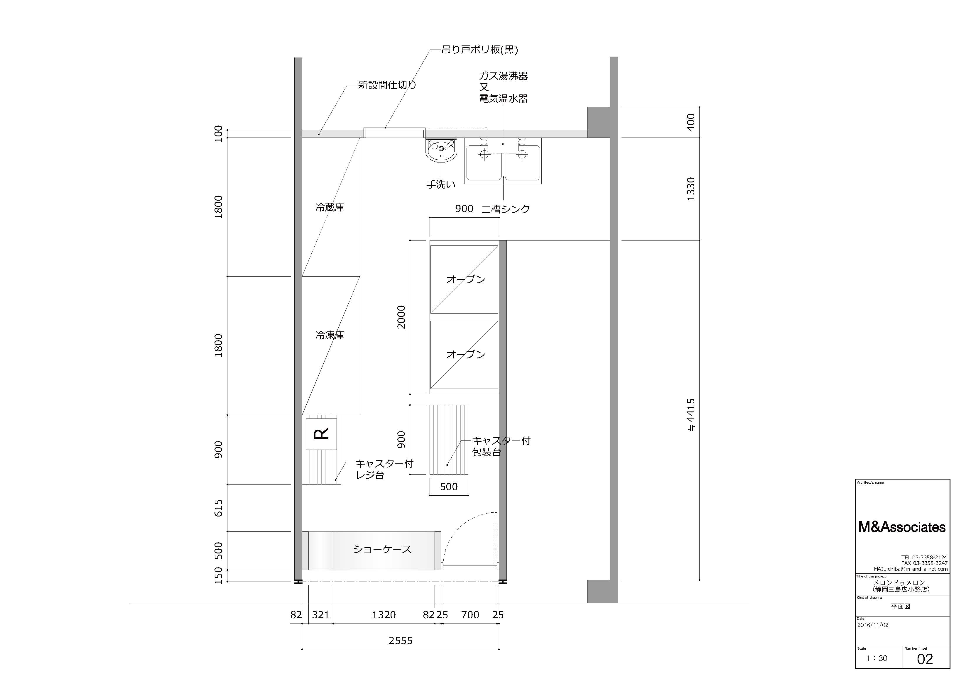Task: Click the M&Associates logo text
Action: (x=902, y=527)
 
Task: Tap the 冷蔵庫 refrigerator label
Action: (x=330, y=208)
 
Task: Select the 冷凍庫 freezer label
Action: (x=330, y=335)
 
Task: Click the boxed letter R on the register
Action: (x=321, y=434)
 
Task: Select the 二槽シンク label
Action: (x=506, y=209)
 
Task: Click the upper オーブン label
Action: (x=466, y=280)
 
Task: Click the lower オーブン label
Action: (x=466, y=354)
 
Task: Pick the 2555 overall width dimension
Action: (x=401, y=641)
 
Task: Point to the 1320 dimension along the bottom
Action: (x=384, y=615)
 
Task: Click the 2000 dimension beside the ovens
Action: (x=401, y=317)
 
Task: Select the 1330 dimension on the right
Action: (x=690, y=189)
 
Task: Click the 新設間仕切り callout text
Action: (x=387, y=85)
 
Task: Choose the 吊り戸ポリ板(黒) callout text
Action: (x=479, y=50)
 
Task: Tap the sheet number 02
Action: (x=925, y=659)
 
